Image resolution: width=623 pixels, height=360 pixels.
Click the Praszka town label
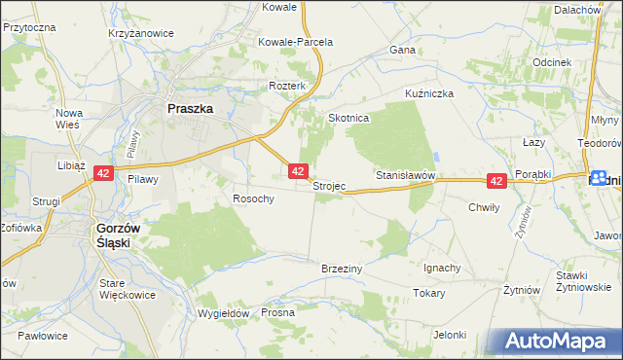[x=190, y=110]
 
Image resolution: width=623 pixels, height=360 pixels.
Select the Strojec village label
[x=329, y=186]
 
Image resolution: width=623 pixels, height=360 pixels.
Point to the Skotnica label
[x=348, y=118]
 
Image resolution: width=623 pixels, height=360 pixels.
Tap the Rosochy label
[x=253, y=198]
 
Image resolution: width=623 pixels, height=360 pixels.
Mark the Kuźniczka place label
[x=430, y=94]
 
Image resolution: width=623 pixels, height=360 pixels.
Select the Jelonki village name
[x=451, y=335]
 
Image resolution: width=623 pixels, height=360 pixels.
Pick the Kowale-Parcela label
[x=295, y=43]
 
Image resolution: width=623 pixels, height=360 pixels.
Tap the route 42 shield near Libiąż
[x=104, y=173]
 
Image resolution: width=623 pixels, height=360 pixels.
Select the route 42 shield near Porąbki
[x=496, y=181]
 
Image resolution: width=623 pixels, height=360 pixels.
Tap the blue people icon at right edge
[x=598, y=179]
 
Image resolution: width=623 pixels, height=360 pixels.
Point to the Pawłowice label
[x=42, y=336]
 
